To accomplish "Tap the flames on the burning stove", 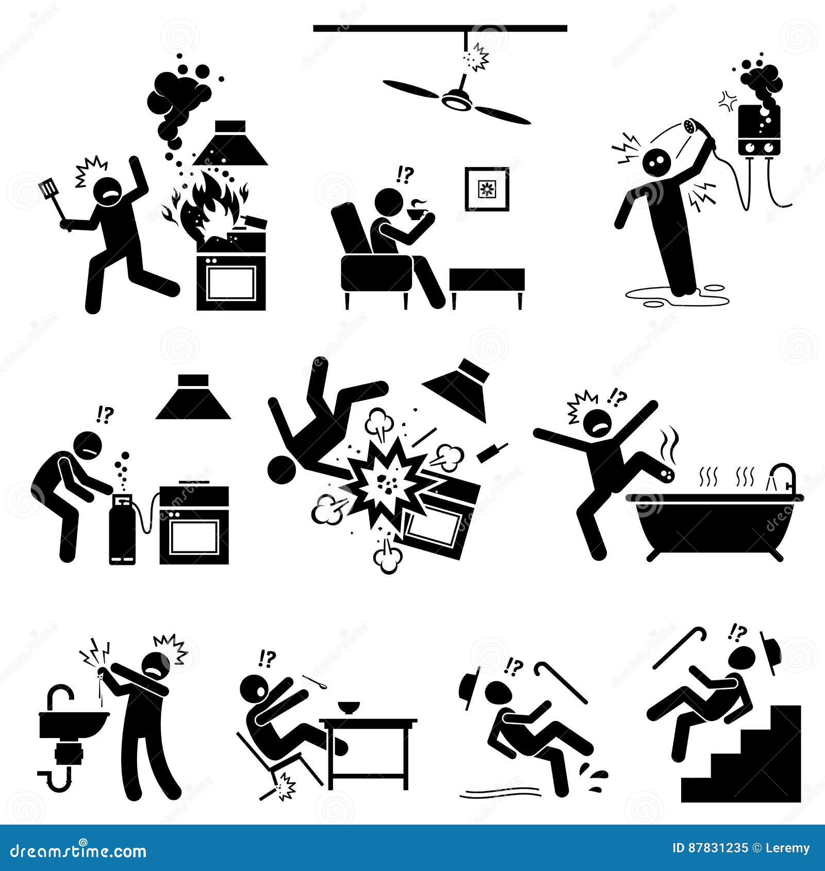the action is click(209, 206).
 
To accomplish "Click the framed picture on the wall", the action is click(487, 189).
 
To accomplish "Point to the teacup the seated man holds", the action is click(415, 212).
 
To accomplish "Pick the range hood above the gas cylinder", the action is click(192, 396).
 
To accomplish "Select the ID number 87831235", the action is click(711, 848).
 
